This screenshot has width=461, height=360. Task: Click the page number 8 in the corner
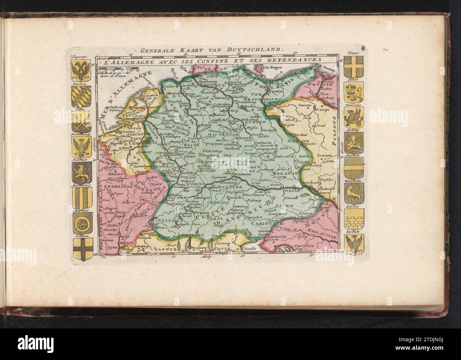[x=353, y=49]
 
